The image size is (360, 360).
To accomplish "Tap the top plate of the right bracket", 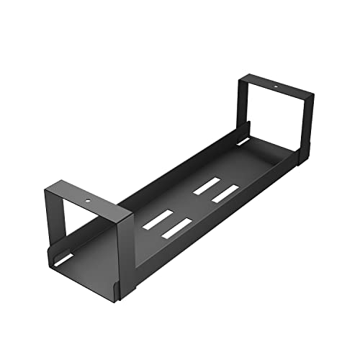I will (x=277, y=89).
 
